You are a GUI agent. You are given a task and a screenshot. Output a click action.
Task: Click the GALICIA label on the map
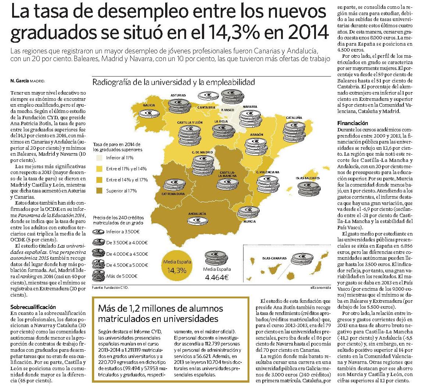[149, 105]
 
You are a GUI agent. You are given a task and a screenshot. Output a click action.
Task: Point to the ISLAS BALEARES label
[308, 178]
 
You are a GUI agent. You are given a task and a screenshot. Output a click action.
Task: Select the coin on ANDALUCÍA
[198, 221]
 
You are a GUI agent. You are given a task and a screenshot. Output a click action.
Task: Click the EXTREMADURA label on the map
[173, 194]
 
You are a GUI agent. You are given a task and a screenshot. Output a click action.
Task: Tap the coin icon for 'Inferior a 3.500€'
[98, 232]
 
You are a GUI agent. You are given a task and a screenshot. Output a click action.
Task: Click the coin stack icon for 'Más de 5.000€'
[98, 276]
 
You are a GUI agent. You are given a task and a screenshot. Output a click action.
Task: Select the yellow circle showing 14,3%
[177, 266]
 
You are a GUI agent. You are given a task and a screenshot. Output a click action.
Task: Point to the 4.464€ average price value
[217, 277]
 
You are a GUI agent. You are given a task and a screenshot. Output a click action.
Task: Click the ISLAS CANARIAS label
[274, 258]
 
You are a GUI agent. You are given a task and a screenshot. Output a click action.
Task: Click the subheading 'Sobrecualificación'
[33, 307]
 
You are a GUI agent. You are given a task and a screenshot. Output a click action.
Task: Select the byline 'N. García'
[19, 81]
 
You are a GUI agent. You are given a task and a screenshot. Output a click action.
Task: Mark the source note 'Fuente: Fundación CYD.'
[110, 288]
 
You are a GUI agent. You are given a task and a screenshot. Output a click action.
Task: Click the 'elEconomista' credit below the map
[320, 288]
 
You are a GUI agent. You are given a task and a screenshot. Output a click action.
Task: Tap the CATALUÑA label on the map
[294, 118]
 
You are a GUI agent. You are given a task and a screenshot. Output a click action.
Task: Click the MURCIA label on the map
[249, 221]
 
